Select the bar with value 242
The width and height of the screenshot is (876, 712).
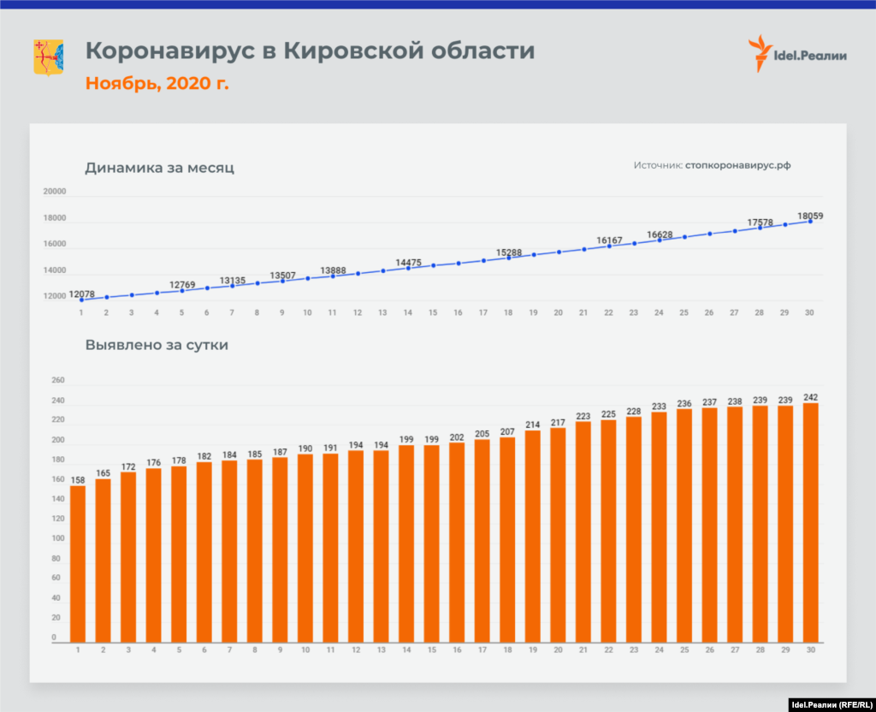point(810,522)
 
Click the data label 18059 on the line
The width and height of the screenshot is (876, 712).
point(810,217)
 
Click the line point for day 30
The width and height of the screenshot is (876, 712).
point(810,221)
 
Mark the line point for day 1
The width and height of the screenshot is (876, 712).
point(81,300)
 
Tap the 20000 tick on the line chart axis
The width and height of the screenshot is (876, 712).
point(55,193)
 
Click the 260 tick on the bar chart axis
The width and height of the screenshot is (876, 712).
point(58,382)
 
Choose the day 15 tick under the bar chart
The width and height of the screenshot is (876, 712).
point(433,651)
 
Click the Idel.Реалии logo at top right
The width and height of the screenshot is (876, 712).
point(797,55)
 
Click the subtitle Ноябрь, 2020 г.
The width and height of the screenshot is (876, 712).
point(157,84)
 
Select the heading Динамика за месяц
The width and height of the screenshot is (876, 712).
point(159,168)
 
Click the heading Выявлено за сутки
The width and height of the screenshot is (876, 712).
point(157,346)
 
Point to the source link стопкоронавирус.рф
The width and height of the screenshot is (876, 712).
point(737,165)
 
